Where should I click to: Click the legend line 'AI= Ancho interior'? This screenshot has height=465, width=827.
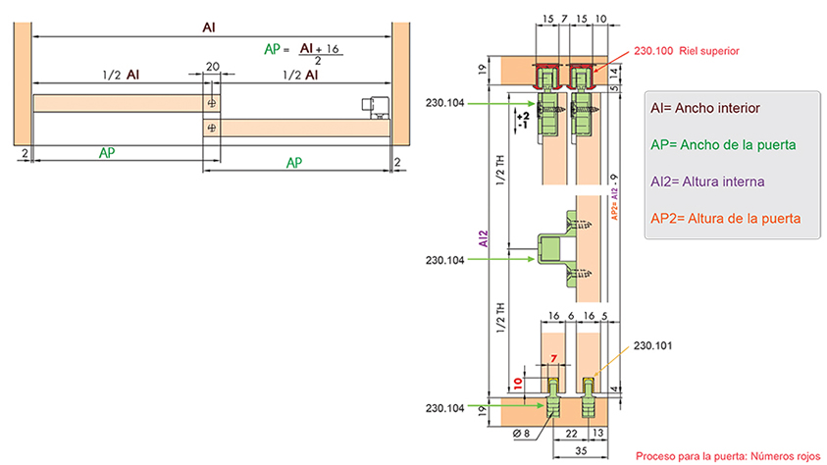705,108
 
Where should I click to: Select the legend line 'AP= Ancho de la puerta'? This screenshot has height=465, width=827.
723,145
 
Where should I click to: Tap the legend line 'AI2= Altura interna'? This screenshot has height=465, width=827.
707,181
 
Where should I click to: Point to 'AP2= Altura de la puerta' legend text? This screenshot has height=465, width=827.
726,218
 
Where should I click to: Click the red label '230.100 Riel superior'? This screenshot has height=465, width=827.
686,51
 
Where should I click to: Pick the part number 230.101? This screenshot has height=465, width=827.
653,346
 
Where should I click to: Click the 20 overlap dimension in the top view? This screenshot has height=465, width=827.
213,67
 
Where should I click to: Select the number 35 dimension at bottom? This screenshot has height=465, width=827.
581,450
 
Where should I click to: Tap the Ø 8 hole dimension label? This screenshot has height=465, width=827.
521,434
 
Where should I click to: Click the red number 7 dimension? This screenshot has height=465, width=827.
554,358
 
